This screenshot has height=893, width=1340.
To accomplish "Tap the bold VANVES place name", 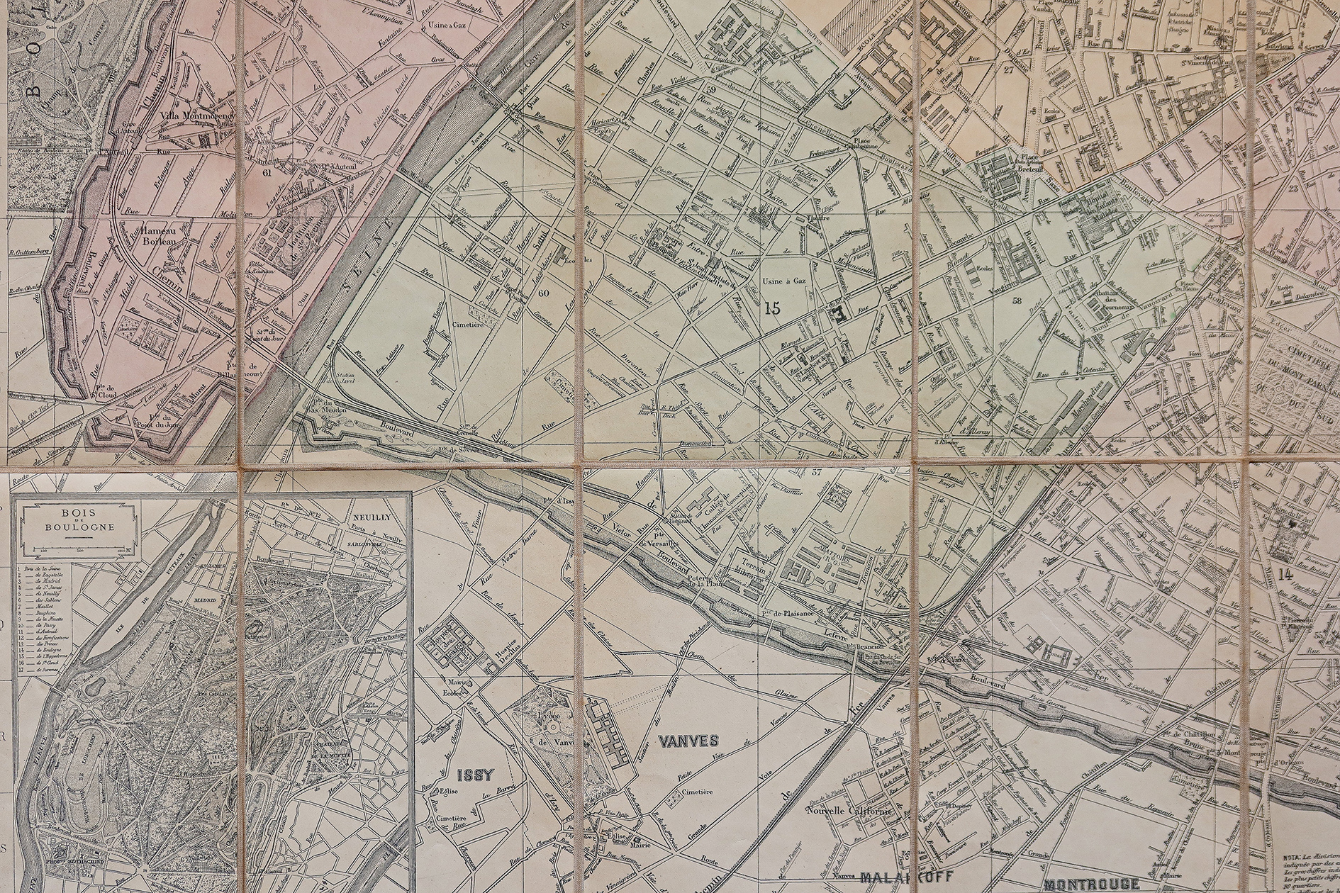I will pyautogui.click(x=688, y=741).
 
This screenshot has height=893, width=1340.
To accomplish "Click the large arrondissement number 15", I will pyautogui.click(x=772, y=308).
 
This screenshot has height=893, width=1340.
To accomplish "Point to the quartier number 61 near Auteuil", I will pyautogui.click(x=267, y=172).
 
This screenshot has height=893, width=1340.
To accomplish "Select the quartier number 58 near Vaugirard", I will pyautogui.click(x=1018, y=300).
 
